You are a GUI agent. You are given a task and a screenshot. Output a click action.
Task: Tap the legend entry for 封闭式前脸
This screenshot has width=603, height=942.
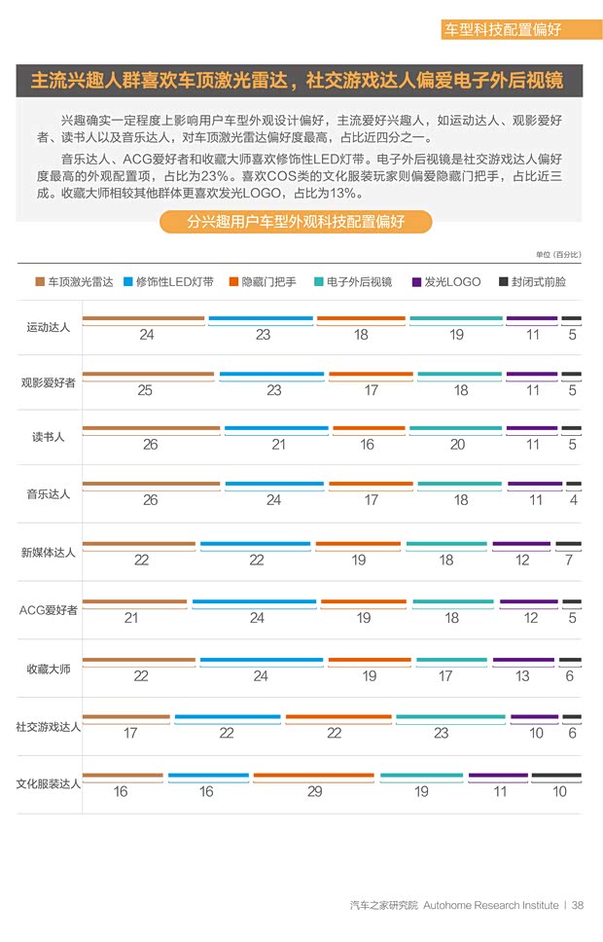[532, 282]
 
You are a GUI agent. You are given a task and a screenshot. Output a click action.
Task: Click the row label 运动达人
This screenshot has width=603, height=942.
[48, 327]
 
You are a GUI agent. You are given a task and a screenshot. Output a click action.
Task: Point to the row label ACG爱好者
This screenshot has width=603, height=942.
[48, 610]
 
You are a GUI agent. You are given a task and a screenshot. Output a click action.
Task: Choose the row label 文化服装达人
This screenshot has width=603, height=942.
[48, 782]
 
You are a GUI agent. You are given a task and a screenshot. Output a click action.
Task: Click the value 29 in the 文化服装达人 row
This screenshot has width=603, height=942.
[314, 792]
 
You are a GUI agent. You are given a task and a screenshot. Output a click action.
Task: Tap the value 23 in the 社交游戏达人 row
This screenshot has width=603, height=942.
[441, 734]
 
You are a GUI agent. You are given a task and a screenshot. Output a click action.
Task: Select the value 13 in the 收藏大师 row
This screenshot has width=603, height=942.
[522, 676]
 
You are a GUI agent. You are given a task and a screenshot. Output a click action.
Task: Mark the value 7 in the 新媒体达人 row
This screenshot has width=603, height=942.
[569, 560]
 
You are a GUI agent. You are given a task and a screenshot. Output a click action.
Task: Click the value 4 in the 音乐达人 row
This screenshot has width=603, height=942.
[573, 500]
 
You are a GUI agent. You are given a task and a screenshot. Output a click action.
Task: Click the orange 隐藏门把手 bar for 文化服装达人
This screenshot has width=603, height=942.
[313, 777]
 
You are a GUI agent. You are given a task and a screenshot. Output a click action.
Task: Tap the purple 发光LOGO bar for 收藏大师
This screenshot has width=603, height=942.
[523, 661]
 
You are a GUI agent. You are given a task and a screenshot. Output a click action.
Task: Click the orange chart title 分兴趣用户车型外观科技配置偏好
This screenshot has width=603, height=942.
[296, 222]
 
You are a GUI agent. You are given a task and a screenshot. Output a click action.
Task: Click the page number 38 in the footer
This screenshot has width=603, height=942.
[578, 905]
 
